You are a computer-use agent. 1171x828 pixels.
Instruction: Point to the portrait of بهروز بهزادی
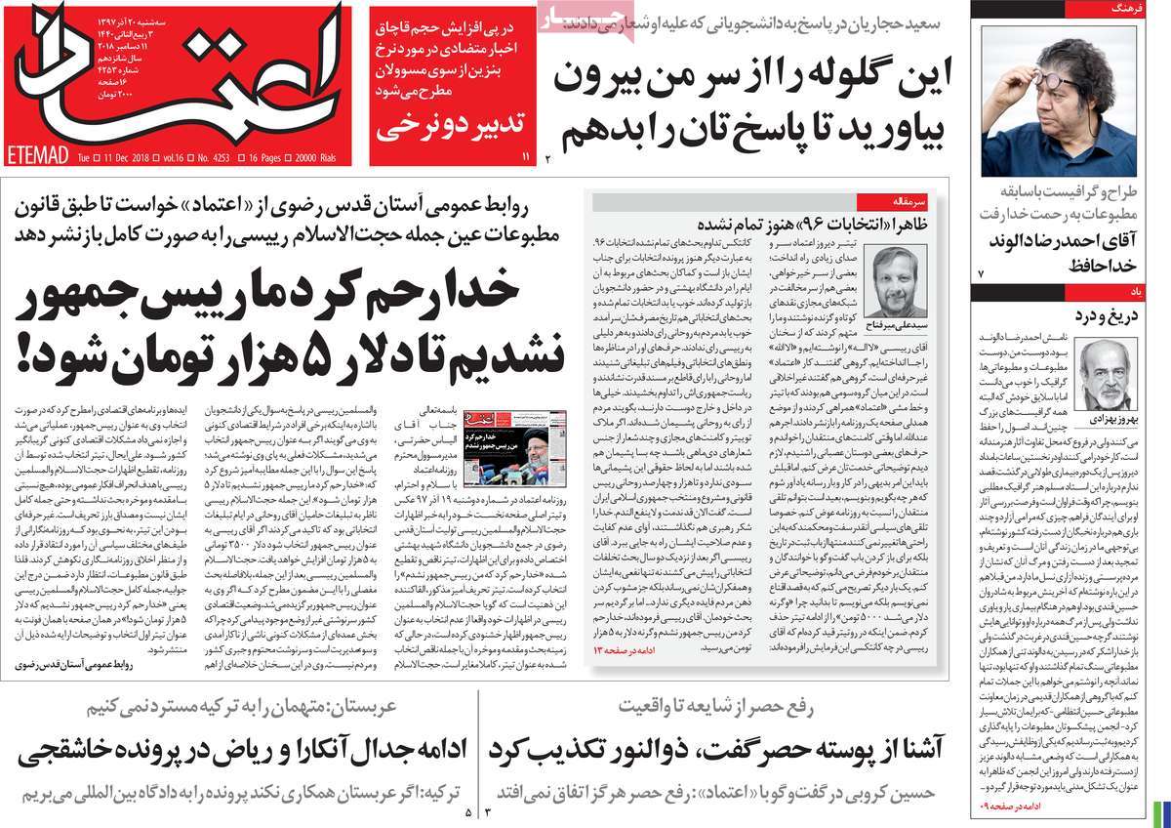pyautogui.click(x=1108, y=375)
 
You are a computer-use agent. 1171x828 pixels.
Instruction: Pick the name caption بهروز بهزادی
pyautogui.click(x=1107, y=417)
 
